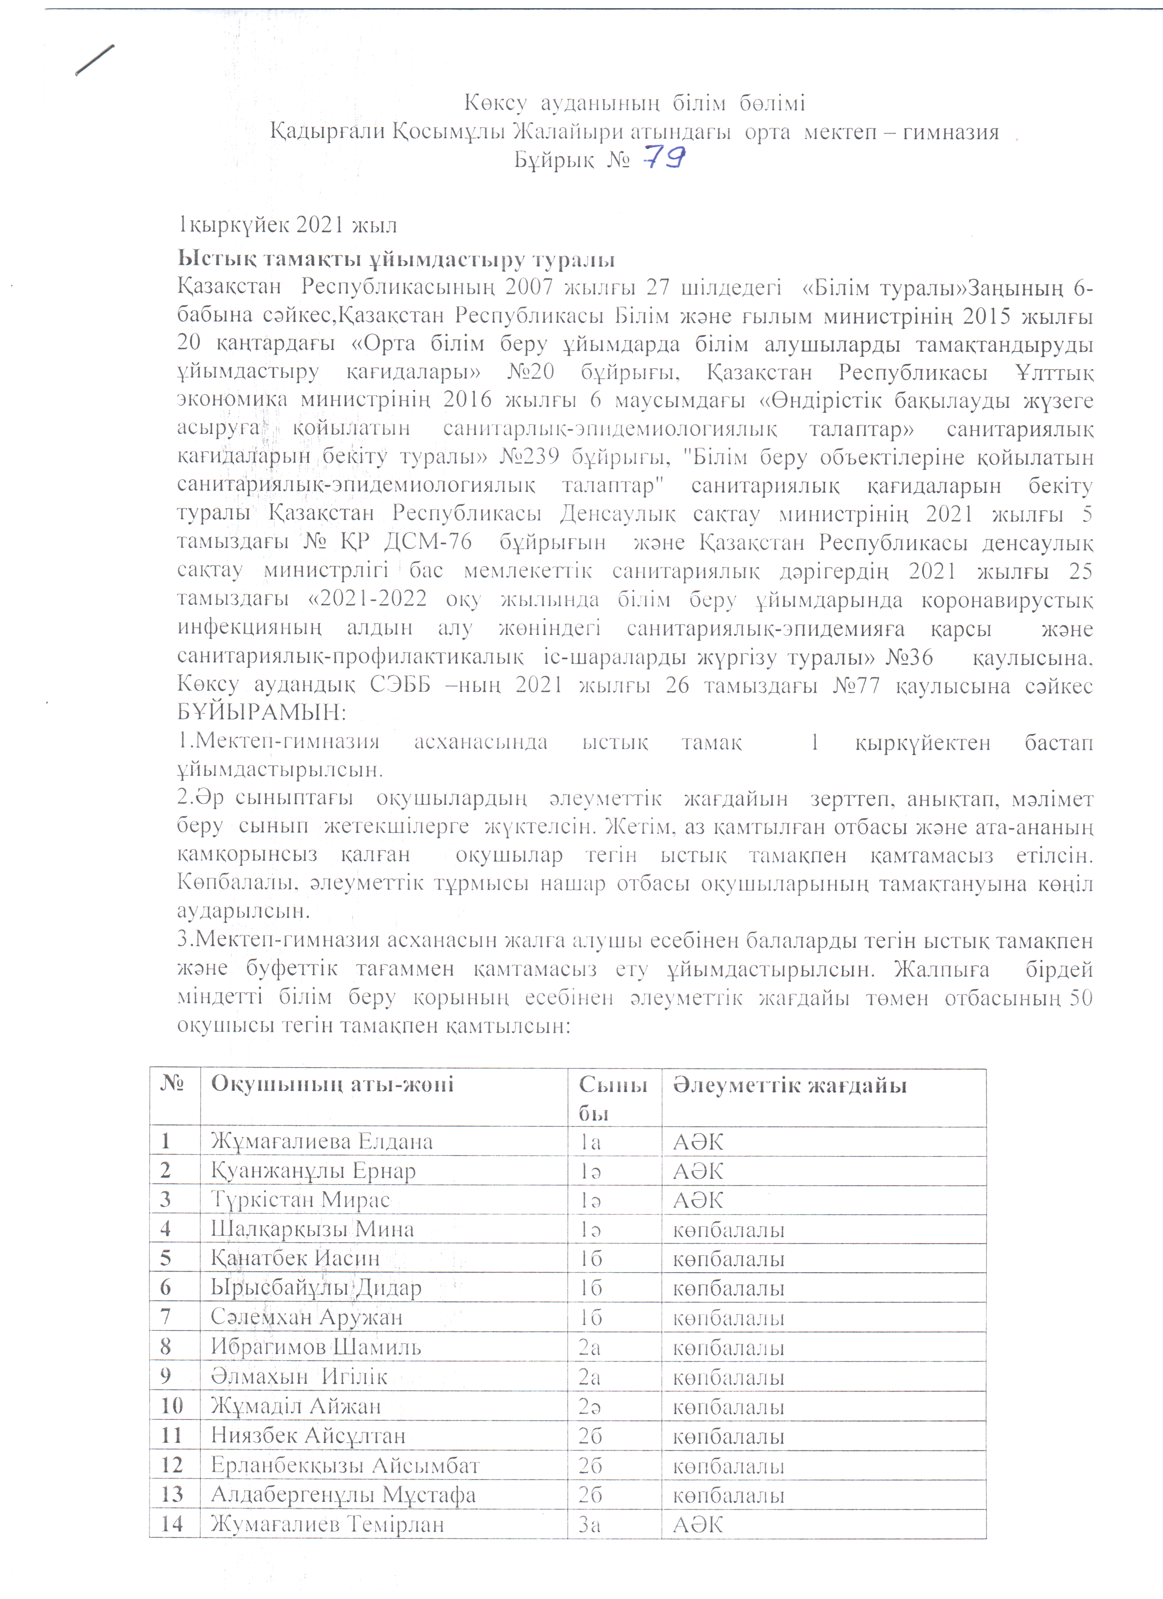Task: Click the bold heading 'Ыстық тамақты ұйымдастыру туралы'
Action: coord(396,259)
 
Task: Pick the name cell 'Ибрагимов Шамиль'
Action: coord(316,1347)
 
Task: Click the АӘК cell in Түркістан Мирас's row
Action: coord(698,1201)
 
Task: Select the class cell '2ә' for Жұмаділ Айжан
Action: coord(590,1407)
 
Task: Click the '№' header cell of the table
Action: coord(171,1083)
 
